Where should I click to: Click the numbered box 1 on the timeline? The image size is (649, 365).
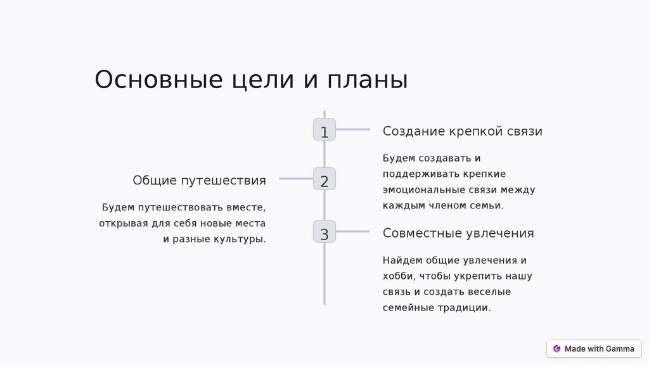pos(324,130)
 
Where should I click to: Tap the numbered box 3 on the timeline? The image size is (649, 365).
pos(324,232)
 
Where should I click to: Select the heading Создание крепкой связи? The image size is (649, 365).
pos(462,131)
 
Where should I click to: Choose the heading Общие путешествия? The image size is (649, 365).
pos(199,181)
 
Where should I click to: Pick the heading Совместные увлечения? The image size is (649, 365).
pos(458,233)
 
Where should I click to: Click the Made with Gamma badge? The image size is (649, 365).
pos(594,349)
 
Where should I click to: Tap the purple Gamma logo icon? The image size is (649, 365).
pos(556,349)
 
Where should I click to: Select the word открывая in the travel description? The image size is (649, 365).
pos(123,224)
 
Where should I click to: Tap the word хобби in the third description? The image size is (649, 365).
pos(397,276)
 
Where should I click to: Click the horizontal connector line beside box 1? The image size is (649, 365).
pos(353,130)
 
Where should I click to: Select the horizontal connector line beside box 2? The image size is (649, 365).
pos(296,179)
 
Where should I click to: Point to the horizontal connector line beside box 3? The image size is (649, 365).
pos(353,232)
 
